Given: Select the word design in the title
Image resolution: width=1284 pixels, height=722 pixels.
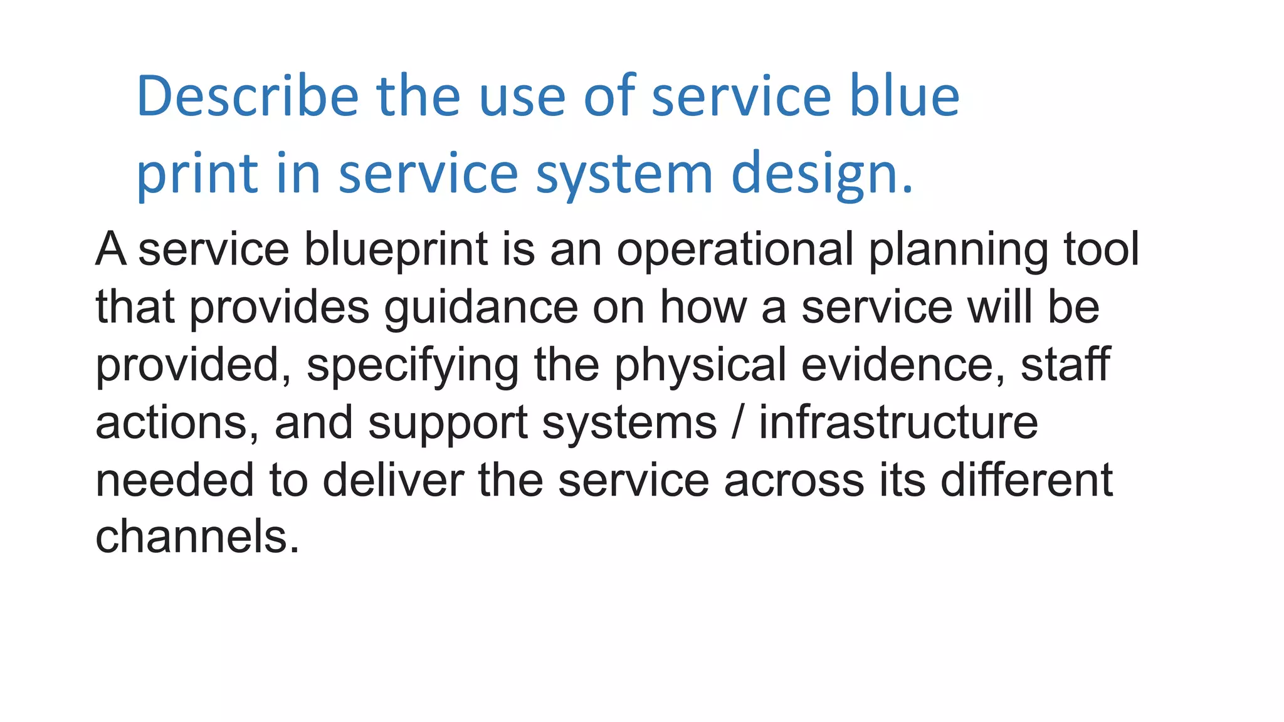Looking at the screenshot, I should pyautogui.click(x=815, y=174).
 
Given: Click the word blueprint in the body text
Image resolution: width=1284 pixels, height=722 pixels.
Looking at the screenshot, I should pyautogui.click(x=396, y=249).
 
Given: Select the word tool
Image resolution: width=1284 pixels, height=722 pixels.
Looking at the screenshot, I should pyautogui.click(x=1102, y=249).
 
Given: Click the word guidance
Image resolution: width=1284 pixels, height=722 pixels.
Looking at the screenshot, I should pyautogui.click(x=481, y=307).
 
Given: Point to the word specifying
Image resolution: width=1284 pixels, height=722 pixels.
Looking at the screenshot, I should pyautogui.click(x=413, y=365).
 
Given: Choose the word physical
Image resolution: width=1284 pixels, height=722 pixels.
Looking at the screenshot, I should pyautogui.click(x=700, y=365).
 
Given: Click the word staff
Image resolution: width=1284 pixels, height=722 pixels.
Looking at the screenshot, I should pyautogui.click(x=1065, y=365).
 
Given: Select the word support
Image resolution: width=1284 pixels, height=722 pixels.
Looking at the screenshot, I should pyautogui.click(x=448, y=422).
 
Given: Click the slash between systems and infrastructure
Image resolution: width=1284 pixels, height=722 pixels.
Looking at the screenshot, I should pyautogui.click(x=738, y=422).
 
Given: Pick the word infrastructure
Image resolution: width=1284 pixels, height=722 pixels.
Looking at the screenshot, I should pyautogui.click(x=898, y=422).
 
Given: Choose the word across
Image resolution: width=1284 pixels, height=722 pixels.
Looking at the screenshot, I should pyautogui.click(x=794, y=480).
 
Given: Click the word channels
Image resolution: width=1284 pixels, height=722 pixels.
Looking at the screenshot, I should pyautogui.click(x=197, y=537).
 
